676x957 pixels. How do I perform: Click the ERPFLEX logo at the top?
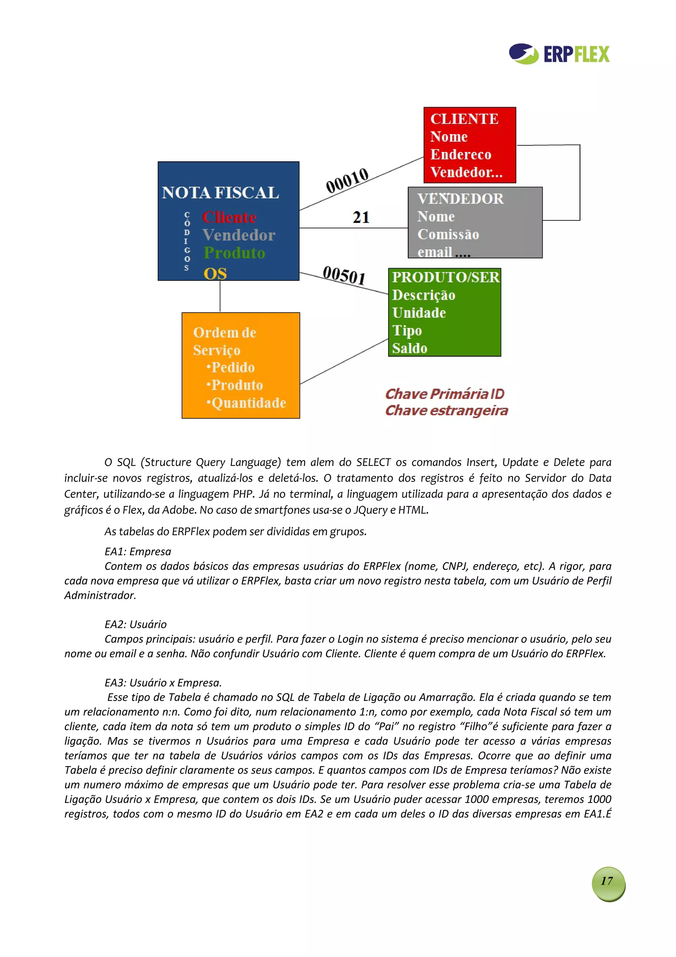tap(559, 54)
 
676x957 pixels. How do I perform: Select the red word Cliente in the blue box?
tap(229, 217)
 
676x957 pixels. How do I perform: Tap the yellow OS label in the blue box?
tap(215, 274)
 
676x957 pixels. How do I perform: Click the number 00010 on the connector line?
tap(347, 180)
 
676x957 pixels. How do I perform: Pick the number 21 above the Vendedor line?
tap(361, 217)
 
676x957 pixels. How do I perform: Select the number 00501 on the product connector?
tap(344, 275)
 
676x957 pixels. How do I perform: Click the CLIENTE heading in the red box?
tap(464, 119)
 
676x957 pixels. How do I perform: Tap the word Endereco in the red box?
tap(461, 154)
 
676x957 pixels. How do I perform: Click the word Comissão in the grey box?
tap(448, 234)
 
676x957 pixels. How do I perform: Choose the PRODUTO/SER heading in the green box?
tap(445, 277)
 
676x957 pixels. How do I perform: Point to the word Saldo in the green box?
tap(409, 348)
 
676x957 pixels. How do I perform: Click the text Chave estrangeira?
tap(447, 411)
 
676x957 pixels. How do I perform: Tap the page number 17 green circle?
tap(608, 881)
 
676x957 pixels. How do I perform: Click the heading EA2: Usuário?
tap(135, 624)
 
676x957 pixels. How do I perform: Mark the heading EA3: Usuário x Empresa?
tap(163, 682)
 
